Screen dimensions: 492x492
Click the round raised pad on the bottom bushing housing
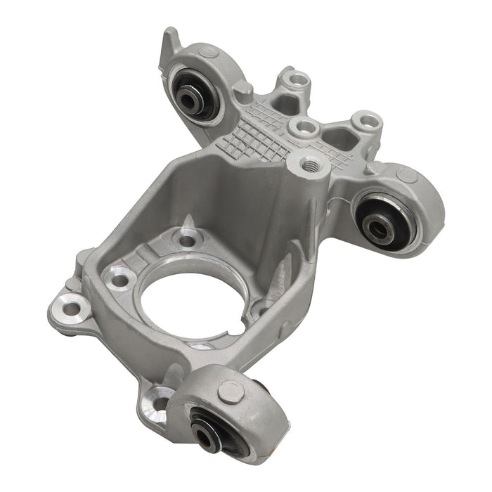(x=231, y=391)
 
